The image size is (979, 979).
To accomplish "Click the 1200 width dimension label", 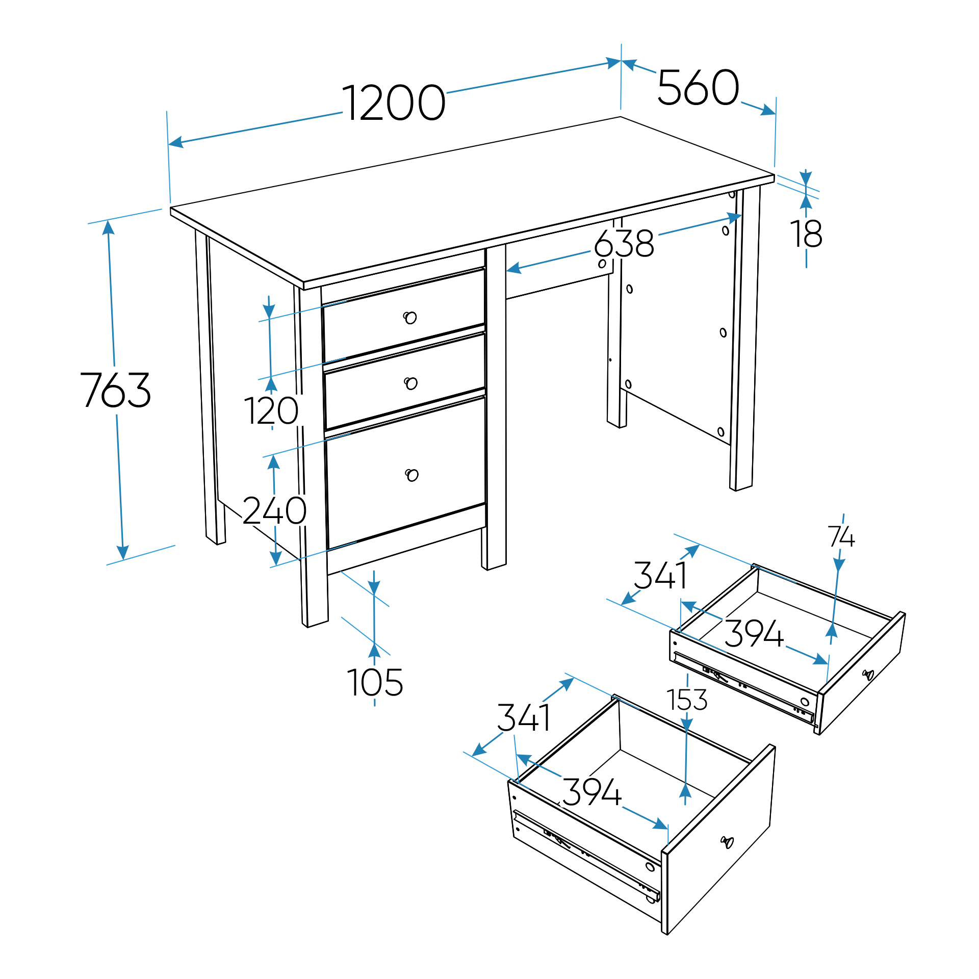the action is (394, 103).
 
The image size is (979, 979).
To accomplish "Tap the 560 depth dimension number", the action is (698, 87).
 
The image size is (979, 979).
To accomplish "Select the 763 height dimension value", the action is (116, 390).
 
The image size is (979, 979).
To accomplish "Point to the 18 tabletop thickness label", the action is (806, 234).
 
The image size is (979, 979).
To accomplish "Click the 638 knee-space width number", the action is (624, 243).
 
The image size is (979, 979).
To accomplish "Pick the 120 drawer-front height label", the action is (271, 410).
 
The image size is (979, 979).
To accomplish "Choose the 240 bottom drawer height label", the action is (274, 510).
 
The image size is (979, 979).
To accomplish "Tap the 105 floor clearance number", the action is (375, 683).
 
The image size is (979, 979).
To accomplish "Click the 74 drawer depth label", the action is (841, 536).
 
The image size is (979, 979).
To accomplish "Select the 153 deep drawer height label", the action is (687, 700).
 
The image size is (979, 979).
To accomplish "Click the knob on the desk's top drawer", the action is (410, 318).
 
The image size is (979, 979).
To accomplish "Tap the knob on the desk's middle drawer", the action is (410, 383).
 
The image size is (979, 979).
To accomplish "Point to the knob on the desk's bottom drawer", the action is (411, 475).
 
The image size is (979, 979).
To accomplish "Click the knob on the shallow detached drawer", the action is (868, 675).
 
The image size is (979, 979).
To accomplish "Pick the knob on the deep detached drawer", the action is (727, 842).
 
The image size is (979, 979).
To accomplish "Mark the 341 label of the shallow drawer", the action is (660, 575).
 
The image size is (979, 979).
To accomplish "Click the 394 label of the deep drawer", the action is (591, 792).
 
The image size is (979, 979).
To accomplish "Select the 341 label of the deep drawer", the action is (524, 717).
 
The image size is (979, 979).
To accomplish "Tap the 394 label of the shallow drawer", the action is (754, 633).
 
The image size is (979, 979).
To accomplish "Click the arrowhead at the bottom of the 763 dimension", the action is (122, 552).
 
